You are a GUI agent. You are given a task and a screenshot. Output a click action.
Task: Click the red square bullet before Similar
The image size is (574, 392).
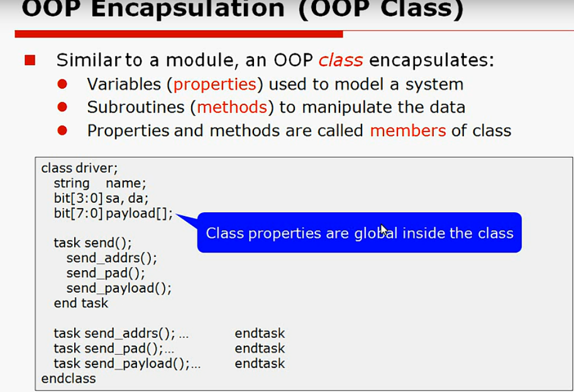(x=30, y=60)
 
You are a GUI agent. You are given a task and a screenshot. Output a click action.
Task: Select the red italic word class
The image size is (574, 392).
(x=340, y=60)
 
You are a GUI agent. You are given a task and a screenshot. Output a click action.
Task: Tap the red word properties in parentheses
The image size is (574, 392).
(x=215, y=84)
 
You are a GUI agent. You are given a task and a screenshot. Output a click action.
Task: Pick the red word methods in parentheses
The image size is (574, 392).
(x=232, y=107)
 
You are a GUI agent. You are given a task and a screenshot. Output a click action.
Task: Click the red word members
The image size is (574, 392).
(x=408, y=131)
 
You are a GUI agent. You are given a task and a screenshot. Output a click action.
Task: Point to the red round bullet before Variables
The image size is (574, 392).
(x=62, y=84)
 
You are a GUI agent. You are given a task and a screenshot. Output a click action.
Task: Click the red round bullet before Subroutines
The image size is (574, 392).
(x=62, y=107)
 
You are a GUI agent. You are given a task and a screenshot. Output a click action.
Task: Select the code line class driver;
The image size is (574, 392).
(x=80, y=168)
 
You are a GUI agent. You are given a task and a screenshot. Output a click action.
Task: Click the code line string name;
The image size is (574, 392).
(x=99, y=183)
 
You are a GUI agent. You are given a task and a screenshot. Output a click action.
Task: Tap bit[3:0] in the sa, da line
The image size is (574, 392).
(x=79, y=199)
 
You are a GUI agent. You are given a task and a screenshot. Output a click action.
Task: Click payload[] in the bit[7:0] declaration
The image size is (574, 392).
(x=139, y=214)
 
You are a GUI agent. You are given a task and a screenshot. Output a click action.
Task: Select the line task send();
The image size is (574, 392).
(x=92, y=243)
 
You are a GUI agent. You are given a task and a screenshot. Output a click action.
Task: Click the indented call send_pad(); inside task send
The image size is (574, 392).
(x=106, y=273)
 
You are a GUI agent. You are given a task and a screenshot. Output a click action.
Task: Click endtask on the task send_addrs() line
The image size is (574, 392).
(x=260, y=334)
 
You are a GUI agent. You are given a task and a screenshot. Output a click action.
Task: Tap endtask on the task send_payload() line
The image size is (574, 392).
(x=260, y=364)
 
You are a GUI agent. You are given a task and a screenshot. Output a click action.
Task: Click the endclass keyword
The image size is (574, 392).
(x=69, y=379)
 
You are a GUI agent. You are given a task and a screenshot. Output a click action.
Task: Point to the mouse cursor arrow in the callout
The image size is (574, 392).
(x=384, y=230)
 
